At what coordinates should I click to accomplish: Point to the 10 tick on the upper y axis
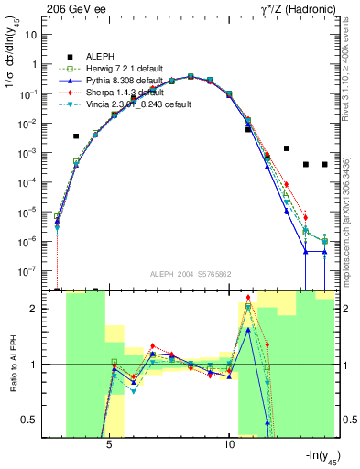33,35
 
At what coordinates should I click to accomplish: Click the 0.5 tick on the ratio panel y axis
33,420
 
